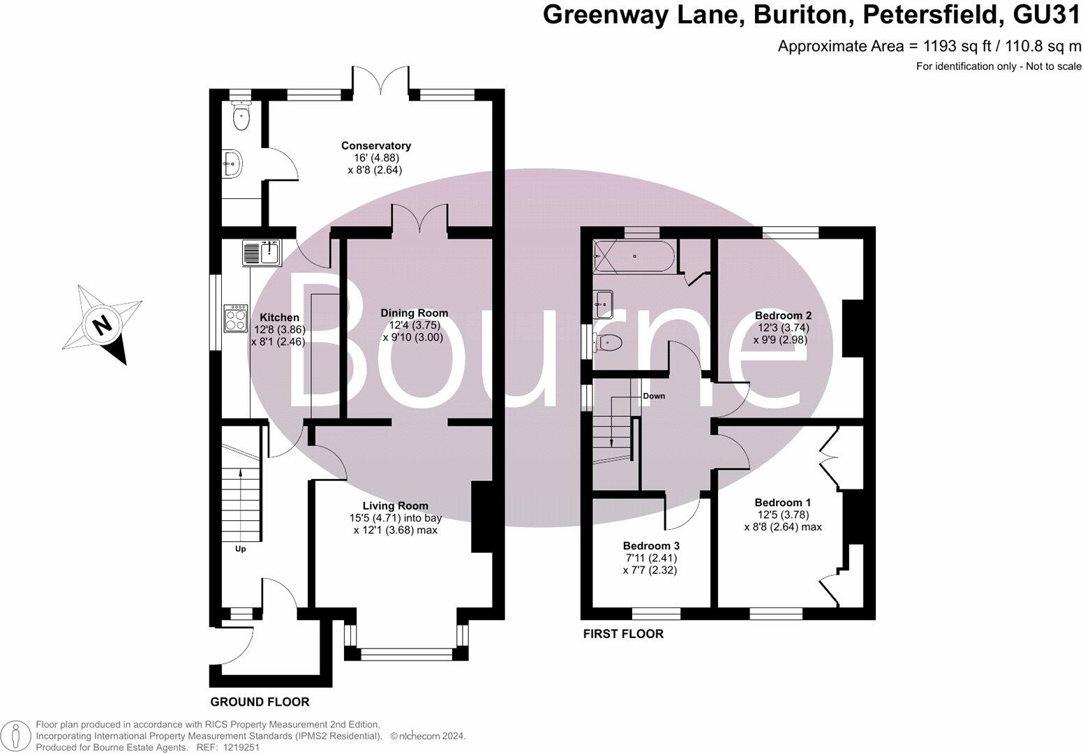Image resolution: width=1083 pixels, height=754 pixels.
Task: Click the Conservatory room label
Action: tap(375, 146)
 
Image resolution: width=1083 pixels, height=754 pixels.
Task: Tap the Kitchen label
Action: tap(279, 317)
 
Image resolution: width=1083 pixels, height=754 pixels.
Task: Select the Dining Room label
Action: tap(414, 313)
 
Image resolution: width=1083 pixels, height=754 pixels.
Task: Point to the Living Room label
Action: tap(395, 506)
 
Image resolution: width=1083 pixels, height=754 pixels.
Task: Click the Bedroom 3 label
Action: tap(651, 545)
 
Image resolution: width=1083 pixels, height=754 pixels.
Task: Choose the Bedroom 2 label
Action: tap(783, 316)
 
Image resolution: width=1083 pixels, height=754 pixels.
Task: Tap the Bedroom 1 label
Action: tap(782, 503)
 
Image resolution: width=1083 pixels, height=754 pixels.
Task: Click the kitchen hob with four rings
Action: tap(235, 318)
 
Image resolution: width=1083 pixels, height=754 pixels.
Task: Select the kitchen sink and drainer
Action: tap(262, 253)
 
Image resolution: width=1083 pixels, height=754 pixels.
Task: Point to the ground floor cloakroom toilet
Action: tap(240, 115)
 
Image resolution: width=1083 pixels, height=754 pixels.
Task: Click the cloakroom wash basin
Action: tap(232, 163)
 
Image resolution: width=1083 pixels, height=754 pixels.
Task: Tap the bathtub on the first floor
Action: tap(634, 256)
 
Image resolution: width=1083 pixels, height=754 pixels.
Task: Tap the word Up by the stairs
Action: tap(240, 549)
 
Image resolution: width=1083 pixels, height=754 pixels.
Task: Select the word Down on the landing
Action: tap(654, 396)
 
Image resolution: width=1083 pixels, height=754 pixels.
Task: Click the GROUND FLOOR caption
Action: tap(260, 702)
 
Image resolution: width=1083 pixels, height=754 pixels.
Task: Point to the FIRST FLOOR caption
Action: tap(623, 634)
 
